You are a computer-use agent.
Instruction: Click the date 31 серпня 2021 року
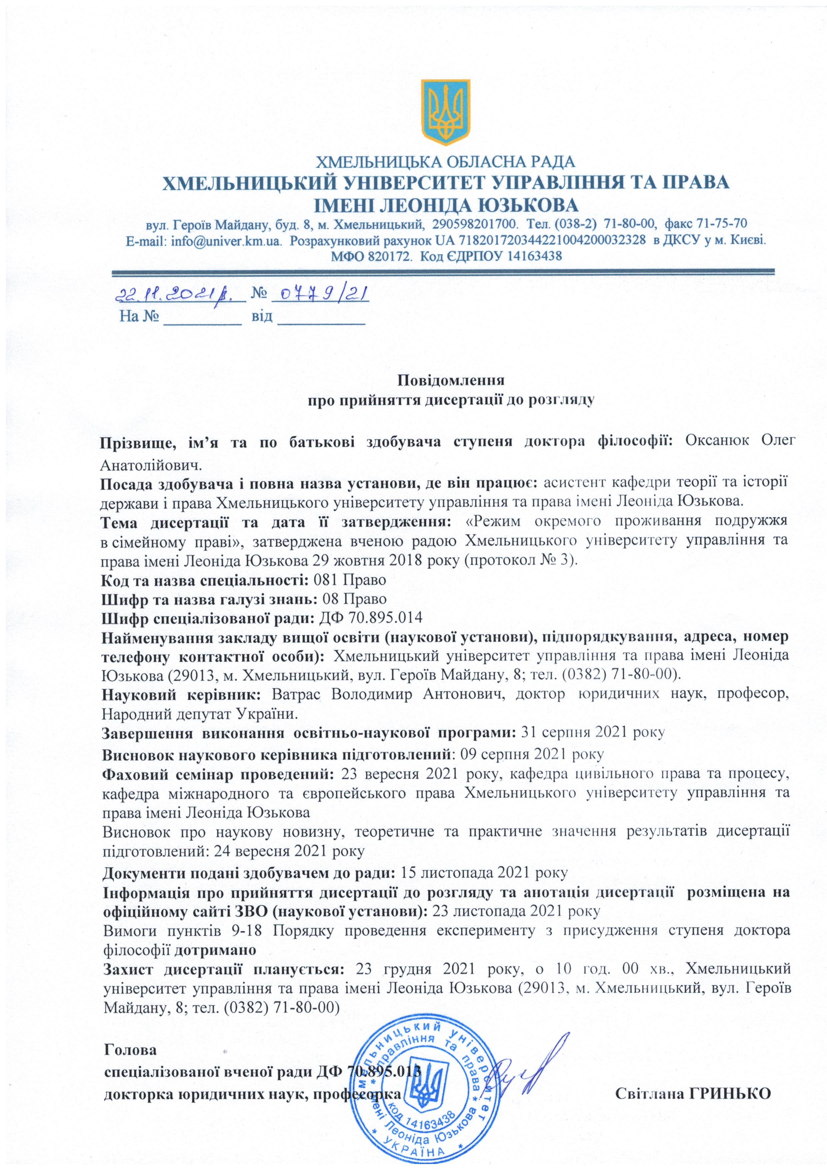(x=594, y=733)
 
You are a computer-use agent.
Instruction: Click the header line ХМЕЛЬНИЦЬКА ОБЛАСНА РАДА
(x=446, y=162)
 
